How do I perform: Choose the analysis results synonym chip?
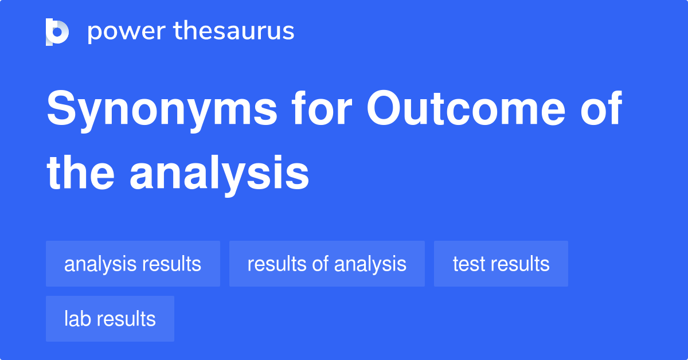pos(133,264)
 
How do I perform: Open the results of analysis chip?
pos(327,264)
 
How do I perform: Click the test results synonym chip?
pos(501,264)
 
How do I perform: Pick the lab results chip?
pos(110,319)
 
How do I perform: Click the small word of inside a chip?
pos(320,264)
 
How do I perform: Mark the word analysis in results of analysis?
pos(370,264)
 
